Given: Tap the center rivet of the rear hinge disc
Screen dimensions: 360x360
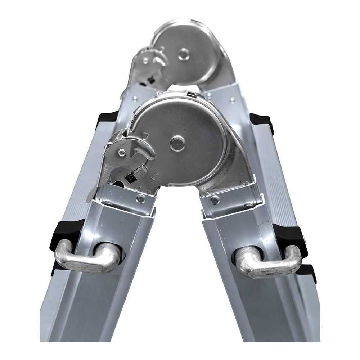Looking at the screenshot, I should pyautogui.click(x=184, y=54).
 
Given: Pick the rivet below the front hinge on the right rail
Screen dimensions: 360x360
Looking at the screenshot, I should pyautogui.click(x=215, y=200).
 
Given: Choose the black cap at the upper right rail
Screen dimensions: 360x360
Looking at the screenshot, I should pyautogui.click(x=262, y=121).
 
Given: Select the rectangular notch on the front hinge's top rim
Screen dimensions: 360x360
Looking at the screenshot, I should pyautogui.click(x=190, y=94).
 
